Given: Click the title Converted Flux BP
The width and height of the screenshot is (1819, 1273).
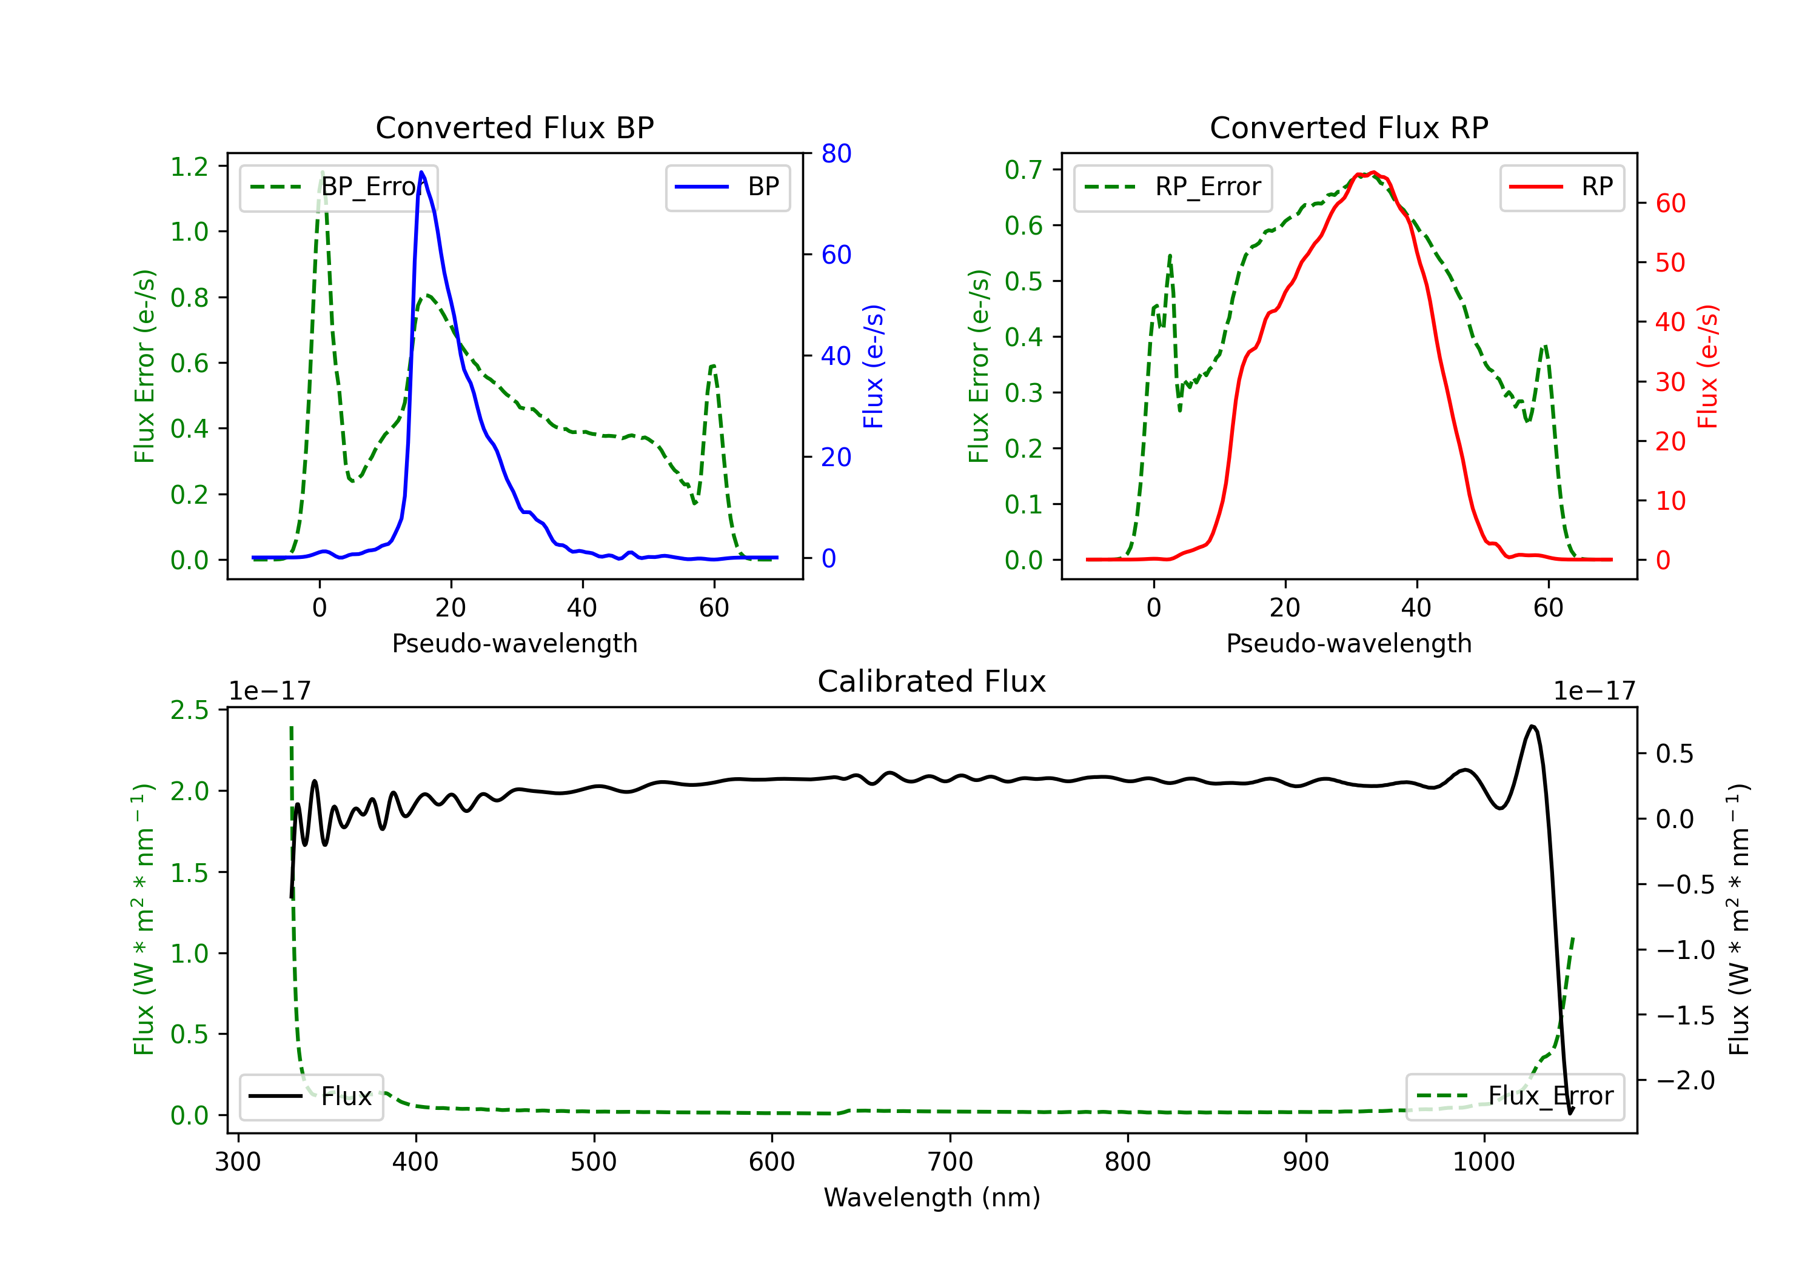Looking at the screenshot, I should point(514,127).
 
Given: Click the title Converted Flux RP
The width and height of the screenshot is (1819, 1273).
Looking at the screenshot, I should point(1348,127).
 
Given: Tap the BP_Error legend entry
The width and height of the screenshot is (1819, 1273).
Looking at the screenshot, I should point(339,187).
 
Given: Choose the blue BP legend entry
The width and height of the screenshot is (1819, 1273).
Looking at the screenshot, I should point(727,187).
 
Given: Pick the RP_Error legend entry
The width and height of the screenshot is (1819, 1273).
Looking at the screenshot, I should point(1173,187).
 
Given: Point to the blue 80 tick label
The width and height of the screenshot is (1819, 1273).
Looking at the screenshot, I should point(836,154).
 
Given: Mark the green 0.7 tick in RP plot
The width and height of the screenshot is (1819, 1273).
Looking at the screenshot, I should point(1023,170).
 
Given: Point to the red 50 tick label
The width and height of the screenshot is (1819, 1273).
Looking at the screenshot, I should point(1670,263).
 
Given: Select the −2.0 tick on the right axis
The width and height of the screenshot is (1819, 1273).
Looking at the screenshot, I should point(1684,1080).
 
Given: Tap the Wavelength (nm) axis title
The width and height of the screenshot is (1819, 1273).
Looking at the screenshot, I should point(932,1197).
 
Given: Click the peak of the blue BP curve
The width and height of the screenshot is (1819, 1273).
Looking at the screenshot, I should point(421,173).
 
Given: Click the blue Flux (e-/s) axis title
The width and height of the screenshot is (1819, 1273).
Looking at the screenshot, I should point(873,366).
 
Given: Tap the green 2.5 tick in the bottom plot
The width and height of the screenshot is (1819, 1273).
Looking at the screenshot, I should point(189,710).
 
